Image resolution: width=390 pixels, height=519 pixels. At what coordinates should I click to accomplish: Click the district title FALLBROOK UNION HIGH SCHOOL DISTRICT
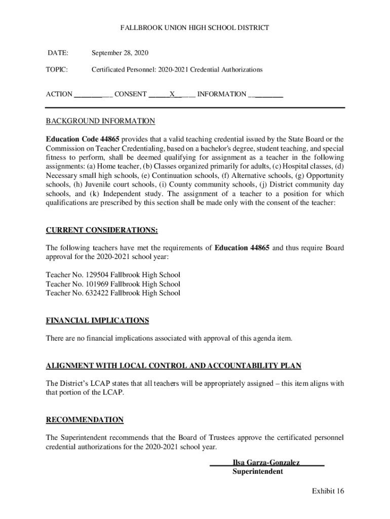pyautogui.click(x=194, y=28)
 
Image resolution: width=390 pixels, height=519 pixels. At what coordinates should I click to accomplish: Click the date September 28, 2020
pyautogui.click(x=120, y=53)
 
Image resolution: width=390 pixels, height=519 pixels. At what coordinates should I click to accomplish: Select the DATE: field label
pyautogui.click(x=58, y=53)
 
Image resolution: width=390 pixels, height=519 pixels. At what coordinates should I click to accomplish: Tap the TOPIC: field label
pyautogui.click(x=58, y=69)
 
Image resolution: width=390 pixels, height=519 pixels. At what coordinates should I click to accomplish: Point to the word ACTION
pyautogui.click(x=59, y=94)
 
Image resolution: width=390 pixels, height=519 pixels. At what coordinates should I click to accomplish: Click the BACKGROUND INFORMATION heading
pyautogui.click(x=100, y=121)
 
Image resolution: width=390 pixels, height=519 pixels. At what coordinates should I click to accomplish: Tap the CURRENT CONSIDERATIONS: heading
pyautogui.click(x=102, y=231)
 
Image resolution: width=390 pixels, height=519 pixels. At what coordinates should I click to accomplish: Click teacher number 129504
pyautogui.click(x=90, y=275)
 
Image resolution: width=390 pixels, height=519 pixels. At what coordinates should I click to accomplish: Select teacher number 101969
pyautogui.click(x=90, y=284)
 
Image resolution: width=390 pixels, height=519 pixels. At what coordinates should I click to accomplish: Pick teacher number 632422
pyautogui.click(x=90, y=293)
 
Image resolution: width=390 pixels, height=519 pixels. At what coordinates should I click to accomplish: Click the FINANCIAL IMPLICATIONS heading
pyautogui.click(x=97, y=320)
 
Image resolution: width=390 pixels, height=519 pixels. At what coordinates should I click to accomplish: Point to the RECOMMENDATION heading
pyautogui.click(x=85, y=420)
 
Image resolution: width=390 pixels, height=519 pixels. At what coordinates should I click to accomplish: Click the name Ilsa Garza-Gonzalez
pyautogui.click(x=266, y=463)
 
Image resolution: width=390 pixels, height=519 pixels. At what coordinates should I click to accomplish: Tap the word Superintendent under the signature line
pyautogui.click(x=257, y=471)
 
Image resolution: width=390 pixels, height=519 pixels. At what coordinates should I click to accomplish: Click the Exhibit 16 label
pyautogui.click(x=328, y=491)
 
